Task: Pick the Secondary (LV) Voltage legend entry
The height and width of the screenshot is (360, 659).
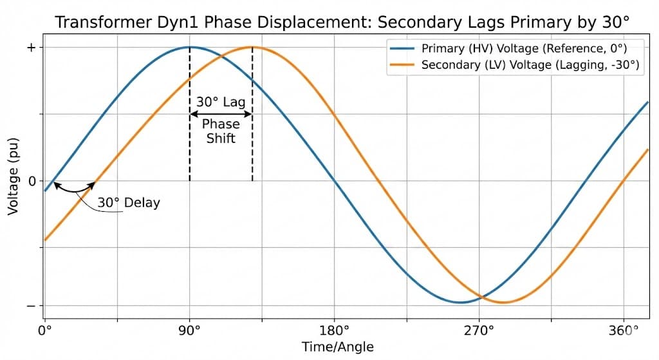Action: (532, 65)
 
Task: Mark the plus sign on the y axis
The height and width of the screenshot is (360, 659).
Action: (30, 48)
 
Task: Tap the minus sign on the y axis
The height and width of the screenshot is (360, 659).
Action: (30, 306)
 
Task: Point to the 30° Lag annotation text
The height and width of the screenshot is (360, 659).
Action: (221, 102)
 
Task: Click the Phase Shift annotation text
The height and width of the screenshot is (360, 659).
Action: (221, 131)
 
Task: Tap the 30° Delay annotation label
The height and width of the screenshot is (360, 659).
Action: (129, 203)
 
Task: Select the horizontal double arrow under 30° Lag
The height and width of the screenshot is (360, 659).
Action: (221, 114)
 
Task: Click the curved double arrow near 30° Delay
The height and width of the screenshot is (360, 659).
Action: (73, 189)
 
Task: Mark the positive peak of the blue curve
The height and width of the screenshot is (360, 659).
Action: (189, 47)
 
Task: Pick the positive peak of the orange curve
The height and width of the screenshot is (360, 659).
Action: (252, 47)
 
